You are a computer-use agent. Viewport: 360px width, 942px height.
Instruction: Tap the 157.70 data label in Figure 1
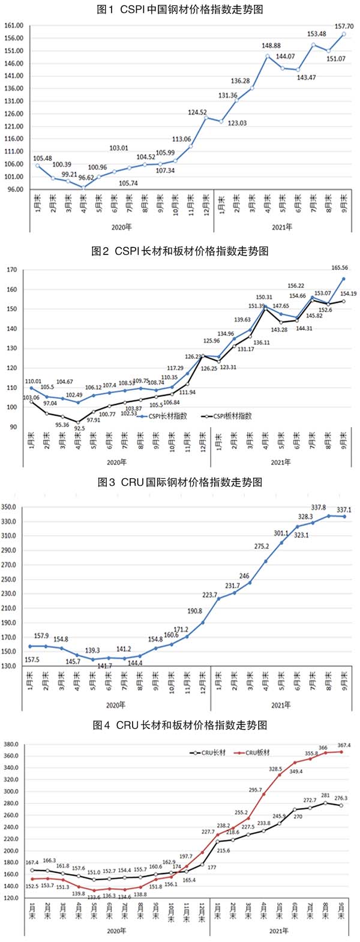(x=343, y=27)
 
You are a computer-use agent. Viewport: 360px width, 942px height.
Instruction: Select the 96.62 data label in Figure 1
(x=86, y=178)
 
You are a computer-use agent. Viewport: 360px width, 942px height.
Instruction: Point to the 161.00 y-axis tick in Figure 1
(x=14, y=26)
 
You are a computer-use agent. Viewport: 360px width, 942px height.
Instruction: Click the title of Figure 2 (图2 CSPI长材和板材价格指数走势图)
(x=180, y=251)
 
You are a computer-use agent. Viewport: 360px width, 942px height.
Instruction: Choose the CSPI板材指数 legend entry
(x=231, y=415)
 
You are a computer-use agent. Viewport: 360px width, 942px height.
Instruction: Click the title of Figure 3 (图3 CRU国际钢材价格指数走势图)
(x=180, y=482)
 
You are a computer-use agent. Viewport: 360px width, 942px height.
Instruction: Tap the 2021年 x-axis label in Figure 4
(x=278, y=931)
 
